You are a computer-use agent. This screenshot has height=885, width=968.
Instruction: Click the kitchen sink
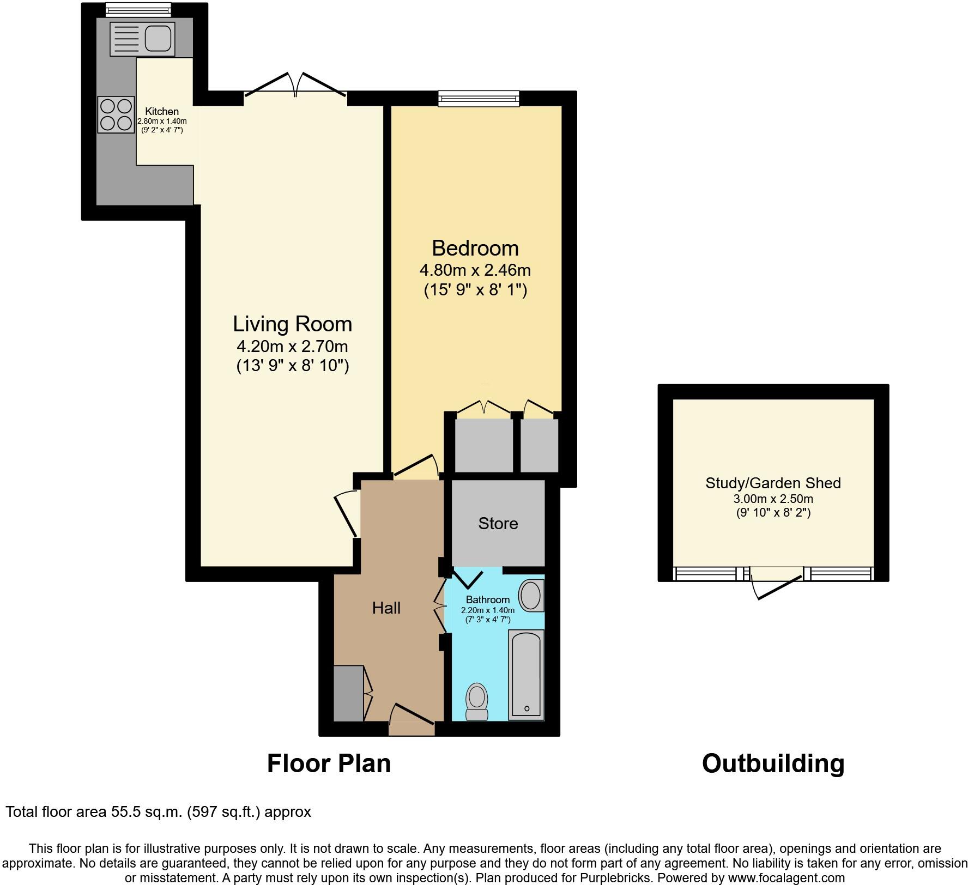[x=142, y=39]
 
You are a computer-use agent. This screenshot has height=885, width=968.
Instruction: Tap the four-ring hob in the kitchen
[x=116, y=114]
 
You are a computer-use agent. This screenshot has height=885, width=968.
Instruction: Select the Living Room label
[x=292, y=324]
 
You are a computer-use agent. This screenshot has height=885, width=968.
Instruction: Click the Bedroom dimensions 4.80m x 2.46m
[x=475, y=270]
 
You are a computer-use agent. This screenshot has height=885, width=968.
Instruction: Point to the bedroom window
[x=479, y=98]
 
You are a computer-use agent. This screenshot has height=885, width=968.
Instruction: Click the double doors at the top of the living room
[x=295, y=87]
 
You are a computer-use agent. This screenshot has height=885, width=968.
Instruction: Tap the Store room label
[x=498, y=523]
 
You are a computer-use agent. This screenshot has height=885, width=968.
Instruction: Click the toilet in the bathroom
[x=477, y=702]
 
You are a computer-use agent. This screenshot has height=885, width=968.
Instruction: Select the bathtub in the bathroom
[x=526, y=675]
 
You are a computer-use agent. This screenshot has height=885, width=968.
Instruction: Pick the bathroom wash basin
[x=530, y=595]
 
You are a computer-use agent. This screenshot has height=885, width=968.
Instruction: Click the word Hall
[x=386, y=608]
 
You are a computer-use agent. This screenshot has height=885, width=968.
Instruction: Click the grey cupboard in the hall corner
[x=348, y=693]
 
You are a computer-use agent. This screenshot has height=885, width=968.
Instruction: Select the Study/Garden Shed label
[x=773, y=483]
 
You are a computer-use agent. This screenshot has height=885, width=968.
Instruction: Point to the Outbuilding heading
[x=773, y=763]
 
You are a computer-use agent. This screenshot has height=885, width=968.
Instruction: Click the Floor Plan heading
[x=329, y=763]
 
